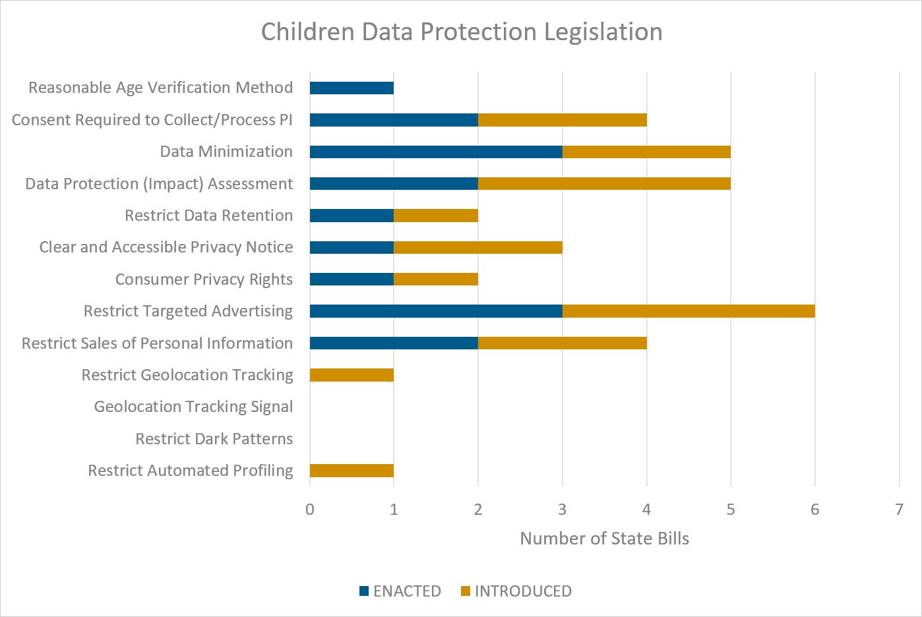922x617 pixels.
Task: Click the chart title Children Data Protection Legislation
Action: (462, 32)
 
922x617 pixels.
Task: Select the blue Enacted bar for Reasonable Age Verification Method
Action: (352, 88)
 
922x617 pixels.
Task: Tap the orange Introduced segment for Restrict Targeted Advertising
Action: (689, 311)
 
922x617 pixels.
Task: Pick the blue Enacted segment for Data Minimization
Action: (436, 152)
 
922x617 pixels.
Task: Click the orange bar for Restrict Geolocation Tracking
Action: (352, 375)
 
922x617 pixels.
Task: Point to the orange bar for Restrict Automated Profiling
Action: (352, 471)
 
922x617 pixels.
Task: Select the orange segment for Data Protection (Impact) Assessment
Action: (604, 183)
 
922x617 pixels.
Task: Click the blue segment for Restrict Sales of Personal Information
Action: (394, 343)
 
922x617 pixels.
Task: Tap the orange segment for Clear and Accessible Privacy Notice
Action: (478, 247)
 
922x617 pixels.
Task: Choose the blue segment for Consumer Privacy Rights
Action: (352, 279)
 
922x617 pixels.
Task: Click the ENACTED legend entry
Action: (400, 591)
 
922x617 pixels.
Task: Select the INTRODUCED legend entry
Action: (516, 591)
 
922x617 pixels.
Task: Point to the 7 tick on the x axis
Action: (899, 509)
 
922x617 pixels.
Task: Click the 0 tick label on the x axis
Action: (310, 509)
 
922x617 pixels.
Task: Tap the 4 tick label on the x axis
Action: (646, 509)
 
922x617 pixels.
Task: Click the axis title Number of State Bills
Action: (604, 539)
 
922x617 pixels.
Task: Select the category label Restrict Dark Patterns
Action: (214, 439)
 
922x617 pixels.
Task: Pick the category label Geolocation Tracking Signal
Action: (193, 407)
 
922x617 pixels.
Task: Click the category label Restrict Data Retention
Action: (209, 216)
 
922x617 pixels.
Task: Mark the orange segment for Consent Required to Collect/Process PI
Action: (562, 120)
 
